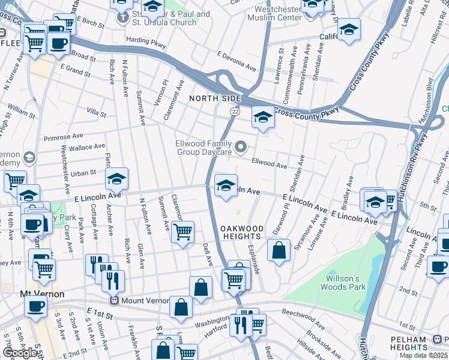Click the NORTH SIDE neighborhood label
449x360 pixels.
[x=215, y=98]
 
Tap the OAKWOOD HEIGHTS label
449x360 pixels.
[x=241, y=233]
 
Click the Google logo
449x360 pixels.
[x=20, y=352]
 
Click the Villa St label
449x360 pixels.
[x=96, y=113]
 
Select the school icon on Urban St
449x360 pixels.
[x=117, y=178]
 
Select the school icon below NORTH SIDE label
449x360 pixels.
[x=262, y=117]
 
